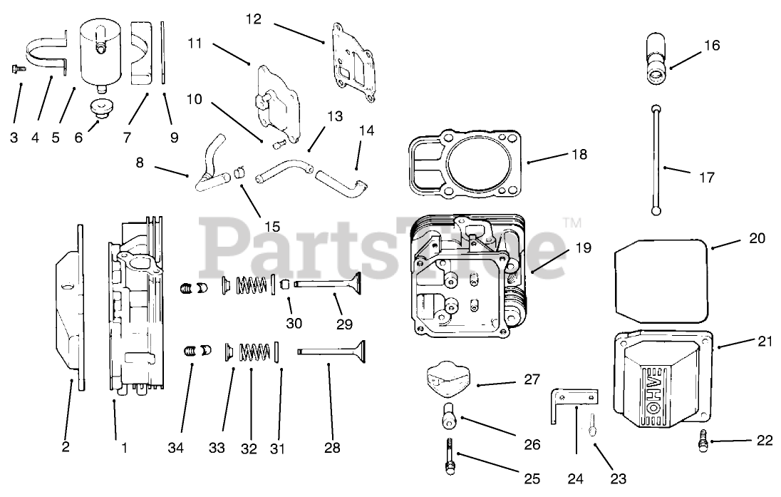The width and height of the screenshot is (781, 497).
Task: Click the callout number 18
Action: [x=579, y=154]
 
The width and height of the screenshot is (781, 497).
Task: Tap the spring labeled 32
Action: [x=254, y=352]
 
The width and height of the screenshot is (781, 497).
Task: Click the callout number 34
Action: [x=175, y=448]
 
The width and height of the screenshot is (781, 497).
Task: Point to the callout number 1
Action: [x=125, y=448]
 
